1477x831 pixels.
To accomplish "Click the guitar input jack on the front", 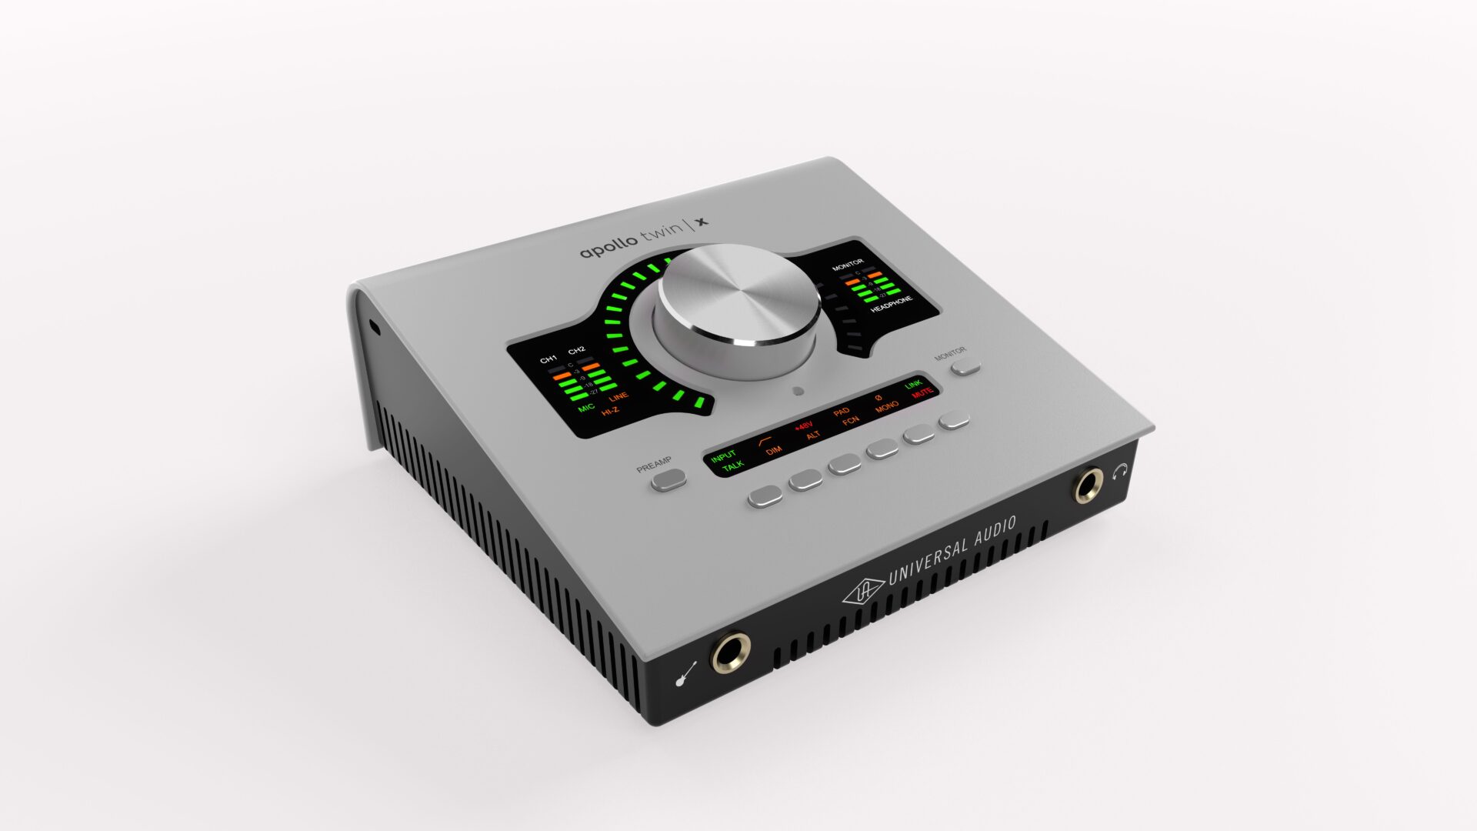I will (730, 652).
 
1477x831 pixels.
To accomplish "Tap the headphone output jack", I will (1088, 486).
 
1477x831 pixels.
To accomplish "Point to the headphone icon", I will (1120, 470).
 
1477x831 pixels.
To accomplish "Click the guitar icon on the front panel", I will (685, 673).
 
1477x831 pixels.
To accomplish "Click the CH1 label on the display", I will (548, 359).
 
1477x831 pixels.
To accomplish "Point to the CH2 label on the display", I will (577, 350).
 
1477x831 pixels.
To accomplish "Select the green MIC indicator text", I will (586, 407).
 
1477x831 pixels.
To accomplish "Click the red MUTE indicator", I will (922, 392).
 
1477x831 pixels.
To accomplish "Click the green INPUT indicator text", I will (723, 456).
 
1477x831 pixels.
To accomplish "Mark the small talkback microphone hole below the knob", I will (798, 391).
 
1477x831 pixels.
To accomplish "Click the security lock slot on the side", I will (375, 328).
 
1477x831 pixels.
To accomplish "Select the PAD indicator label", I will (842, 412).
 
